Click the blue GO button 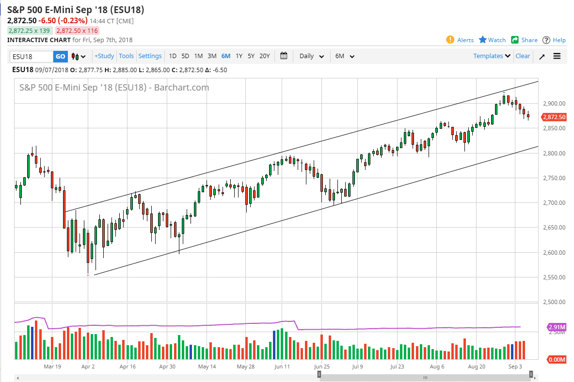(x=60, y=56)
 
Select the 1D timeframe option (x=173, y=56)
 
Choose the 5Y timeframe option (x=251, y=56)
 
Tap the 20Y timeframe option (x=265, y=56)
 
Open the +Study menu (x=104, y=56)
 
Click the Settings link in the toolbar (x=150, y=56)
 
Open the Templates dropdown (x=492, y=56)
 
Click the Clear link (x=523, y=56)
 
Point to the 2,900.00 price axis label (x=554, y=104)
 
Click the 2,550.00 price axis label (x=554, y=277)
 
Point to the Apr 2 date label (x=88, y=367)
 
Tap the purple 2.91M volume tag (x=556, y=327)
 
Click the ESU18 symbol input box (x=31, y=56)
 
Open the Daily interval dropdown (x=311, y=56)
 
